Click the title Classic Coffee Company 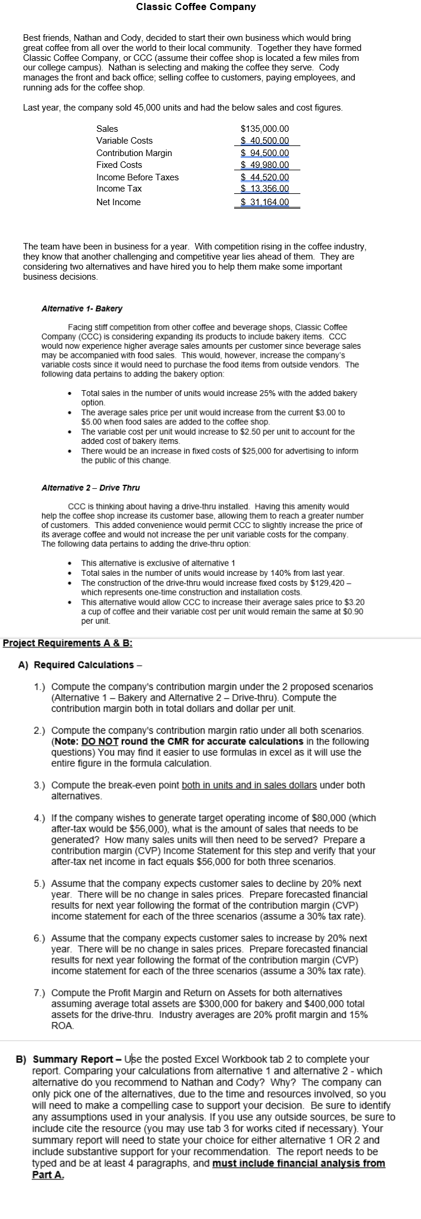point(196,7)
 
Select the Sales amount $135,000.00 point(265,129)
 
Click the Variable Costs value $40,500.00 point(265,141)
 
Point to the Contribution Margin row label point(134,153)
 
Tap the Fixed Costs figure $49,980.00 point(265,165)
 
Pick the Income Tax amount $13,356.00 point(265,189)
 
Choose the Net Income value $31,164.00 point(265,202)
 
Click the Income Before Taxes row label point(137,177)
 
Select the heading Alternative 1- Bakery point(82,309)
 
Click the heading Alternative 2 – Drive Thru point(90,488)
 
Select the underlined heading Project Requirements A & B point(67,643)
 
